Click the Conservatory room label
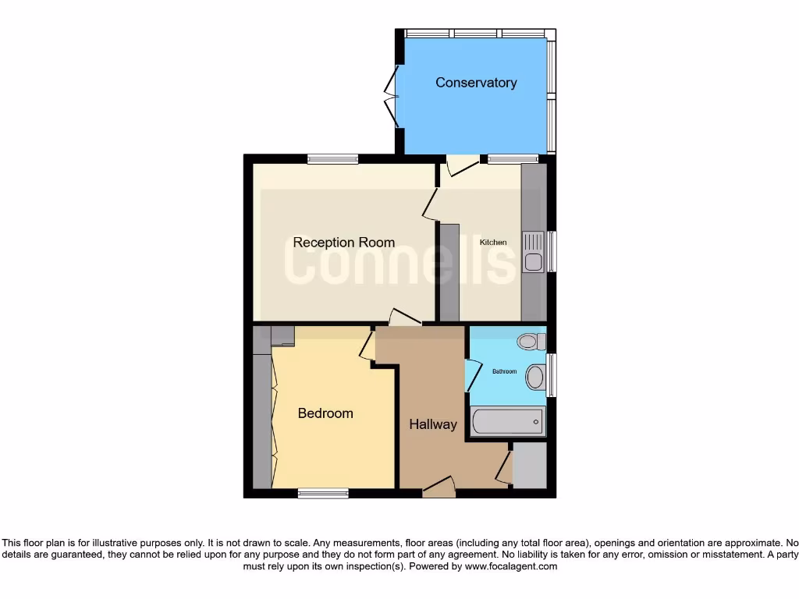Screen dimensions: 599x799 click(476, 83)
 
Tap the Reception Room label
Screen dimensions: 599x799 click(343, 243)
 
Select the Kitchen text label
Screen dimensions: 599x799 click(493, 243)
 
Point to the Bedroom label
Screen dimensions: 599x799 click(325, 413)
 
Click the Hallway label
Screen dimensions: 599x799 click(433, 424)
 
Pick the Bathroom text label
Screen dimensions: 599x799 click(504, 371)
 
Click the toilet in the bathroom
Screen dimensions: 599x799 click(530, 342)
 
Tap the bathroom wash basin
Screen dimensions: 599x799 click(535, 377)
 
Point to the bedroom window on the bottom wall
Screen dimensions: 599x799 click(323, 493)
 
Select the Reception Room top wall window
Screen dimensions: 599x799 click(332, 159)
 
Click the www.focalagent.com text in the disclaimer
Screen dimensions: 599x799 click(510, 567)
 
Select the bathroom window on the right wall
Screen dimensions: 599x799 click(552, 374)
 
